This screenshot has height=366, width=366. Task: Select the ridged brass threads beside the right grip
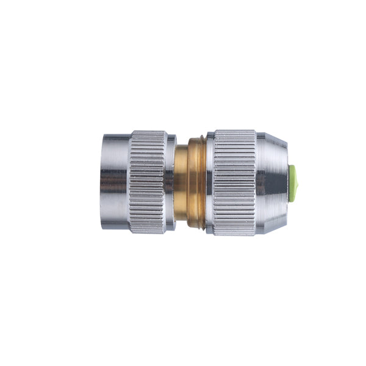click(x=196, y=183)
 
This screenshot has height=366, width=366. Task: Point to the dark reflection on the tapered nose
click(x=271, y=177)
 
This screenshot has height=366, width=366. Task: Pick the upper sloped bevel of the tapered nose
click(x=271, y=142)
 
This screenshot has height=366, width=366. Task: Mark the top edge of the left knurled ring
click(x=147, y=132)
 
